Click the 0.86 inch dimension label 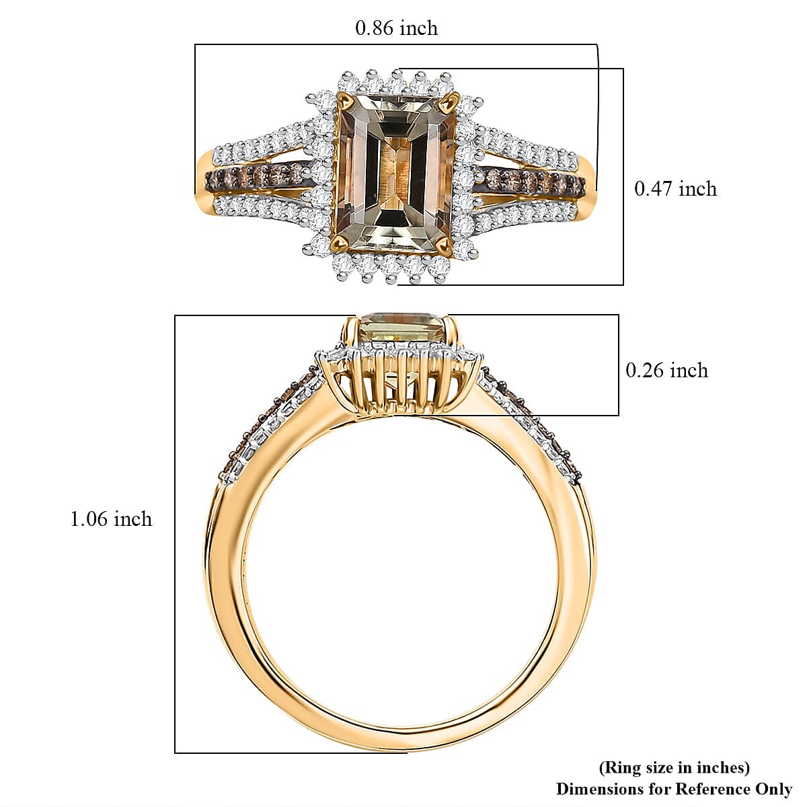pos(396,28)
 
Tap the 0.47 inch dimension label pos(675,189)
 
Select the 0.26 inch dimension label pos(666,371)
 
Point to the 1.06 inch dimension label pos(111,519)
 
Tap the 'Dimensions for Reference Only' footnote pos(675,789)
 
